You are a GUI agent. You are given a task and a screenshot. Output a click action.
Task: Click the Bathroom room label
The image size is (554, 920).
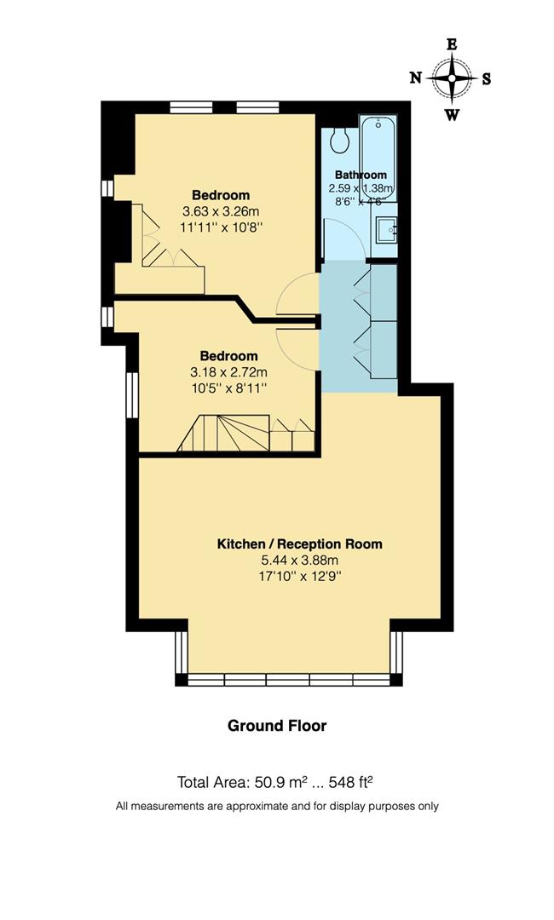(361, 175)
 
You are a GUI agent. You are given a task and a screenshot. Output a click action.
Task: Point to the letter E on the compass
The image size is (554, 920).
(453, 45)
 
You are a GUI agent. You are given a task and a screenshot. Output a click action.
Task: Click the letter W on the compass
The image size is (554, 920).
(453, 114)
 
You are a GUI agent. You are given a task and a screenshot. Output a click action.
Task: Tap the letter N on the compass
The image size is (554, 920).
(416, 78)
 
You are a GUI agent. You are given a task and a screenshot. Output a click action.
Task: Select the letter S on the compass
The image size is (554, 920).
(487, 79)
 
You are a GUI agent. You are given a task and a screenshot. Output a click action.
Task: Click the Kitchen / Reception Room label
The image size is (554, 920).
(299, 543)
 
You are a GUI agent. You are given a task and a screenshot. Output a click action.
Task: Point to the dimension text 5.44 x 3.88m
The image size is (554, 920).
(299, 561)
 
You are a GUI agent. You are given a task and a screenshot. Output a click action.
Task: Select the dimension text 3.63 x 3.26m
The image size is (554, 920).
(221, 210)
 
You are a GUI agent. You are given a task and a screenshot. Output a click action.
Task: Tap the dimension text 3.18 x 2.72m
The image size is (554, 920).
(228, 371)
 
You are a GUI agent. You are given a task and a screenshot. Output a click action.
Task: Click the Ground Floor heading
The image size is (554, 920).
(277, 726)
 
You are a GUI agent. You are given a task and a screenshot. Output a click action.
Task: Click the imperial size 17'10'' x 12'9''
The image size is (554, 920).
(299, 578)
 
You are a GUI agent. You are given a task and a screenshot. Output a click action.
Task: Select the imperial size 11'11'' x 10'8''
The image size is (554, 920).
(221, 227)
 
